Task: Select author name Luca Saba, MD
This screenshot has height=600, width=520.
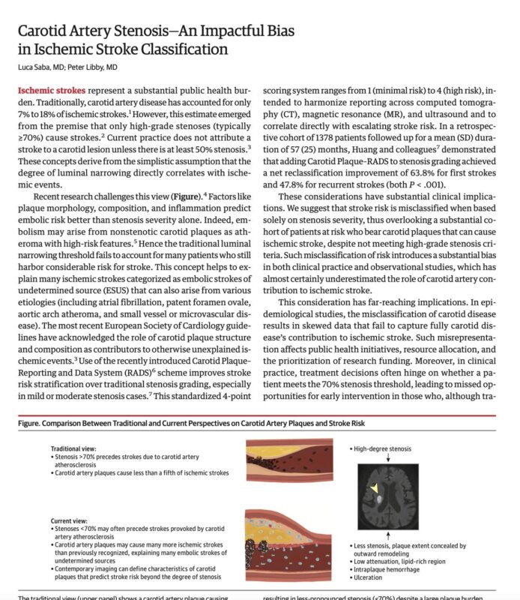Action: pyautogui.click(x=42, y=68)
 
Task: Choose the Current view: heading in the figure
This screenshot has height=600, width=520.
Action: pyautogui.click(x=70, y=519)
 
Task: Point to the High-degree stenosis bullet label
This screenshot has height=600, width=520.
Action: pyautogui.click(x=383, y=448)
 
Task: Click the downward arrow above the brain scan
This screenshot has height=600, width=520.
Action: pyautogui.click(x=387, y=459)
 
